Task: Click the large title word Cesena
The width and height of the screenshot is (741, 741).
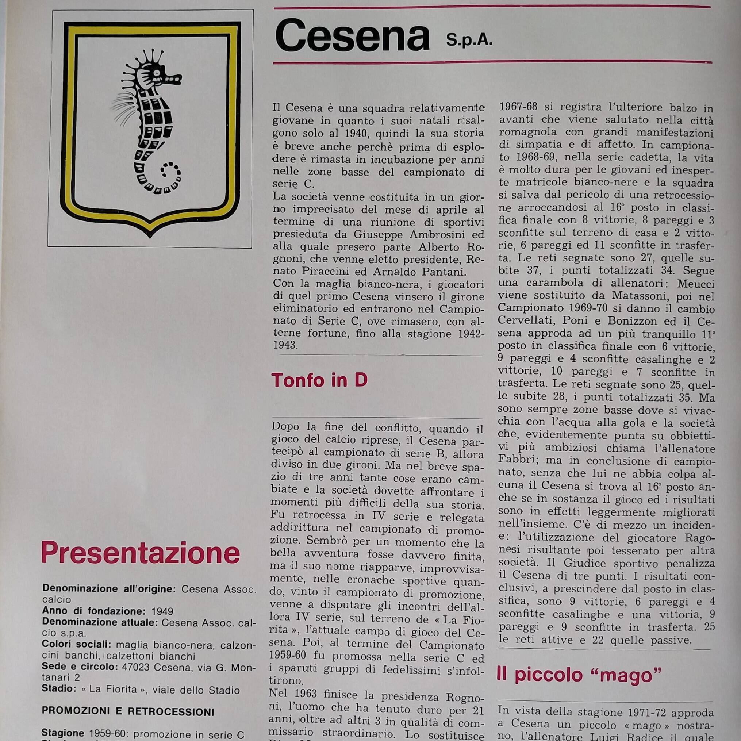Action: coord(352,37)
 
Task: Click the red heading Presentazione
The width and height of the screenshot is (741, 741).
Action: coord(141,553)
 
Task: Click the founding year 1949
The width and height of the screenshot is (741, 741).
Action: coord(162,611)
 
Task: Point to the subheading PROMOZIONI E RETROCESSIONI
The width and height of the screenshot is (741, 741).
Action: coord(128,711)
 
